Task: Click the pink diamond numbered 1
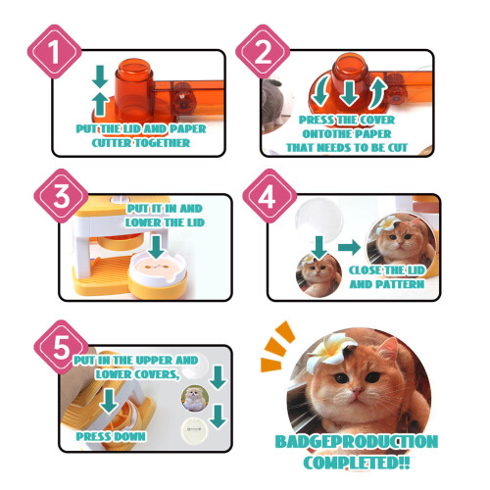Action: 54,52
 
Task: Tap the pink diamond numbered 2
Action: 263,52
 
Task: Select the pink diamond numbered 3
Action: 61,196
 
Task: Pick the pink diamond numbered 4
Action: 269,196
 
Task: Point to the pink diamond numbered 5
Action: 61,347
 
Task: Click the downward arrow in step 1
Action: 100,76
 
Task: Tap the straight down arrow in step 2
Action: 349,93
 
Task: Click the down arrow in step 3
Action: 156,247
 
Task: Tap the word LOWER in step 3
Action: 142,222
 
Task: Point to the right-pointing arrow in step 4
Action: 349,247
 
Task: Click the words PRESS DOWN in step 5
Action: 111,436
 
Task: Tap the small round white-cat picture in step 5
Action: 195,398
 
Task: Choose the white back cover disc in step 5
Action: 195,429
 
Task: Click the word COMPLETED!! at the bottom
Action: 357,463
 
